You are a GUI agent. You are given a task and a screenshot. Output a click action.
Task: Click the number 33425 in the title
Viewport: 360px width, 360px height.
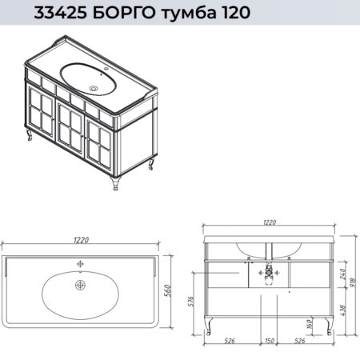coord(60,13)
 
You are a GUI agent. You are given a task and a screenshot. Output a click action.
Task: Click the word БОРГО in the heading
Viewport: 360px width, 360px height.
coord(126,13)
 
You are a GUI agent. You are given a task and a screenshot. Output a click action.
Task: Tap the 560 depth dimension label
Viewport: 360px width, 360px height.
coord(167,290)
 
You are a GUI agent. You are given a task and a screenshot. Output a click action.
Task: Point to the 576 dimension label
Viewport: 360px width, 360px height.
coord(191,302)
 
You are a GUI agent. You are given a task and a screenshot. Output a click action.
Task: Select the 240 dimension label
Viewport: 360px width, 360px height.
coord(343,274)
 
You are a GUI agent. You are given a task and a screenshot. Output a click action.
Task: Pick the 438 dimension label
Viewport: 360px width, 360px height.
coord(343,310)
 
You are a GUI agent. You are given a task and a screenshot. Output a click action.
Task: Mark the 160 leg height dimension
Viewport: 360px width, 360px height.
coord(310,324)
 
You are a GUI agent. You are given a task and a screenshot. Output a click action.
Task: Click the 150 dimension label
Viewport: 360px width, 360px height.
coord(270,341)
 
